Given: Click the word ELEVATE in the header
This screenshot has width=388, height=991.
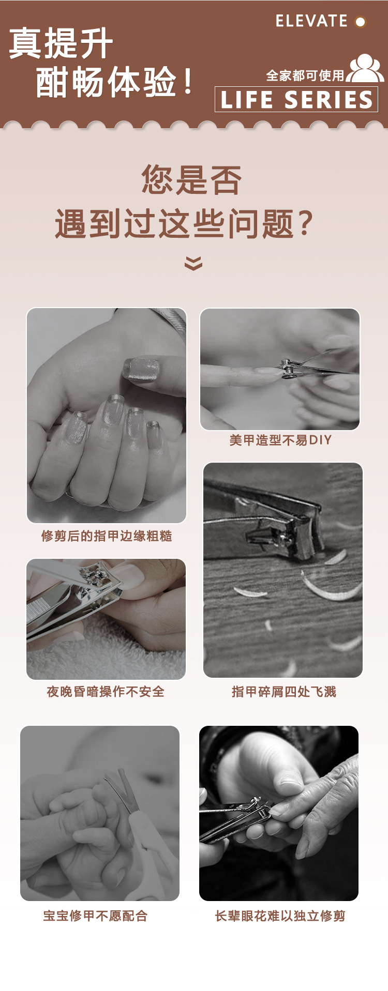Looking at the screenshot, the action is tap(311, 21).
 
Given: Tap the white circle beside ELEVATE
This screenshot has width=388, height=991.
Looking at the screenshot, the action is tap(360, 22).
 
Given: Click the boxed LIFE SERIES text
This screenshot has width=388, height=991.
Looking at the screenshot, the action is tap(296, 99).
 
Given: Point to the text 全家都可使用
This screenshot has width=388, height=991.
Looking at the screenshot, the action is tap(305, 76).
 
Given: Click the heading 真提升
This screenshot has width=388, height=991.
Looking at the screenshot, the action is tap(61, 43).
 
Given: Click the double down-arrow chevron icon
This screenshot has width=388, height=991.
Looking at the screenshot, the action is tap(193, 263).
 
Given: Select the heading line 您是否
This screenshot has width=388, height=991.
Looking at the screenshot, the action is tap(192, 180).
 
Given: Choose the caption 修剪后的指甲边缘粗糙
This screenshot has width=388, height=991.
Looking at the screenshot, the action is tap(107, 536).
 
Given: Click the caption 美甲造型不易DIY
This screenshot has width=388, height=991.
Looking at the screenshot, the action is tap(280, 440).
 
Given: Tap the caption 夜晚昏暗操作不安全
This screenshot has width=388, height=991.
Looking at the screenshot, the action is tap(106, 692).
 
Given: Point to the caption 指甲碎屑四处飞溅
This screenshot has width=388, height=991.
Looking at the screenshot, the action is tap(284, 692).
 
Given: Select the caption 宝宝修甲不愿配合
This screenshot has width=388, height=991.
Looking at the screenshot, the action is tap(96, 916).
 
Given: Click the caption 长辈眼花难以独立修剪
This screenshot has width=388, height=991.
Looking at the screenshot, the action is tap(280, 916).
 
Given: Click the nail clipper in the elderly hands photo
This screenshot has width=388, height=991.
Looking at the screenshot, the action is tap(235, 818).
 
